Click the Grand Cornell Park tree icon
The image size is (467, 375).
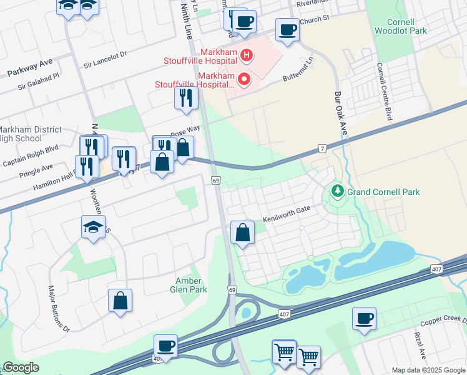click(x=338, y=189)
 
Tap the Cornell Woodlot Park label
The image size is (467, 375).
click(x=400, y=24)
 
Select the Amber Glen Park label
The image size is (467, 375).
click(x=189, y=285)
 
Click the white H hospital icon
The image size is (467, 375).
click(x=246, y=56)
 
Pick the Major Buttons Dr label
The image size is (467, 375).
click(x=59, y=308)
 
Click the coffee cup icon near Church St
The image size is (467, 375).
click(x=287, y=30)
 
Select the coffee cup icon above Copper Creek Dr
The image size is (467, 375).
click(x=363, y=318)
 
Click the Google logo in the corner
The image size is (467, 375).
click(x=21, y=368)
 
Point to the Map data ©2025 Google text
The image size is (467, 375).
click(x=428, y=370)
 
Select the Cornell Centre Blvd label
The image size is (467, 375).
click(x=388, y=92)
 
